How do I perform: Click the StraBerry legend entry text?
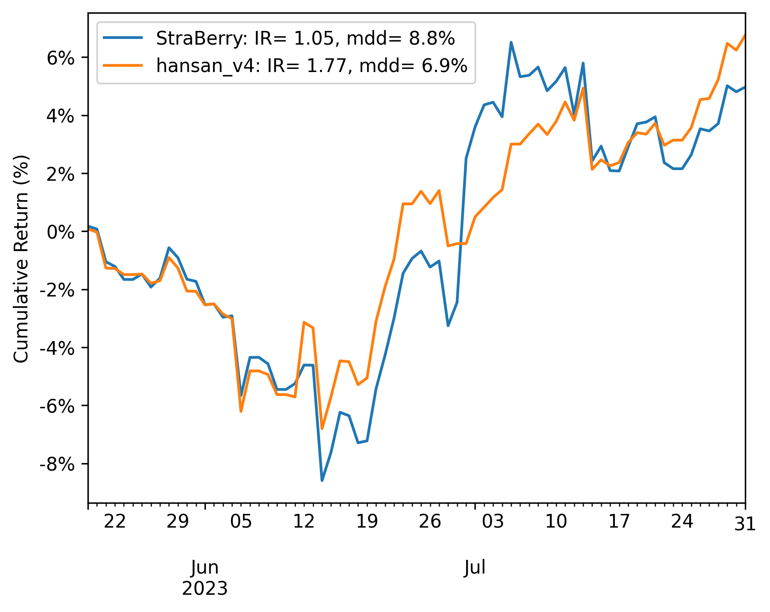pyautogui.click(x=305, y=39)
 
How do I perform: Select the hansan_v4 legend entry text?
pyautogui.click(x=311, y=66)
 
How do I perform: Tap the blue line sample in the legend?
pyautogui.click(x=123, y=38)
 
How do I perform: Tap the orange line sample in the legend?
pyautogui.click(x=123, y=65)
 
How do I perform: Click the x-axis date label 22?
pyautogui.click(x=114, y=522)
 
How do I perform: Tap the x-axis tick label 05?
pyautogui.click(x=241, y=522)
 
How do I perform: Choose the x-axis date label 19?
pyautogui.click(x=367, y=522)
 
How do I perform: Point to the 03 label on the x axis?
pyautogui.click(x=493, y=522)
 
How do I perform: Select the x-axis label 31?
pyautogui.click(x=745, y=524)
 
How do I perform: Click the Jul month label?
pyautogui.click(x=475, y=567)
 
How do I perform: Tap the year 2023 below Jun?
pyautogui.click(x=205, y=589)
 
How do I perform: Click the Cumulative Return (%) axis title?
pyautogui.click(x=21, y=258)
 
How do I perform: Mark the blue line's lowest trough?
pyautogui.click(x=322, y=480)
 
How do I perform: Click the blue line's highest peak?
pyautogui.click(x=511, y=42)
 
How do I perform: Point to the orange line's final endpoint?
pyautogui.click(x=745, y=35)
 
